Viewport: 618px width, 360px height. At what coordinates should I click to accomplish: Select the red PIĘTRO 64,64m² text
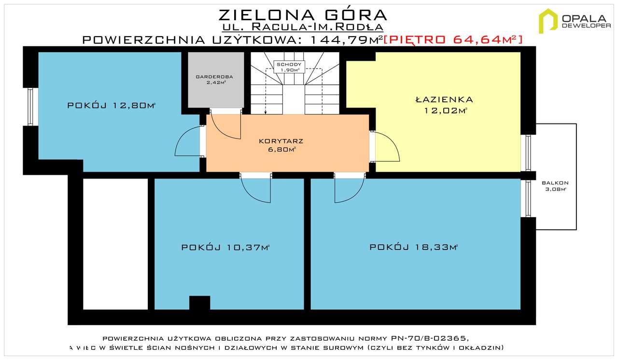click(453, 40)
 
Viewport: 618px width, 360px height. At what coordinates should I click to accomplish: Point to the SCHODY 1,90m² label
click(287, 67)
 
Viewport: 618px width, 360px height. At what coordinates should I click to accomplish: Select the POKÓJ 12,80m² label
click(111, 105)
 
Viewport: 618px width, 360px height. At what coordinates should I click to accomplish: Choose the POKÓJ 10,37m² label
click(225, 248)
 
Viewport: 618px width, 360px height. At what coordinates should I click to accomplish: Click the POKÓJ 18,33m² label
click(413, 248)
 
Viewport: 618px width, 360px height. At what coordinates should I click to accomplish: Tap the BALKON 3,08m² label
click(555, 186)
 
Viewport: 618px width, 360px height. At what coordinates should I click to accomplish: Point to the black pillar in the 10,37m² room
click(199, 303)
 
